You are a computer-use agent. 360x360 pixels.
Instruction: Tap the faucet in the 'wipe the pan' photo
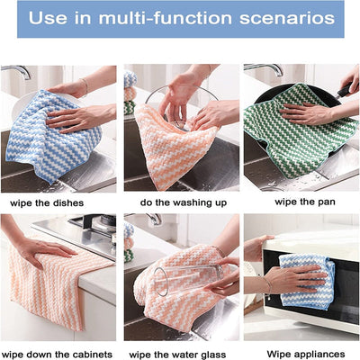click(x=256, y=70)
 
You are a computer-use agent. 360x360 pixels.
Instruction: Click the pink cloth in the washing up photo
click(x=175, y=144)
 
